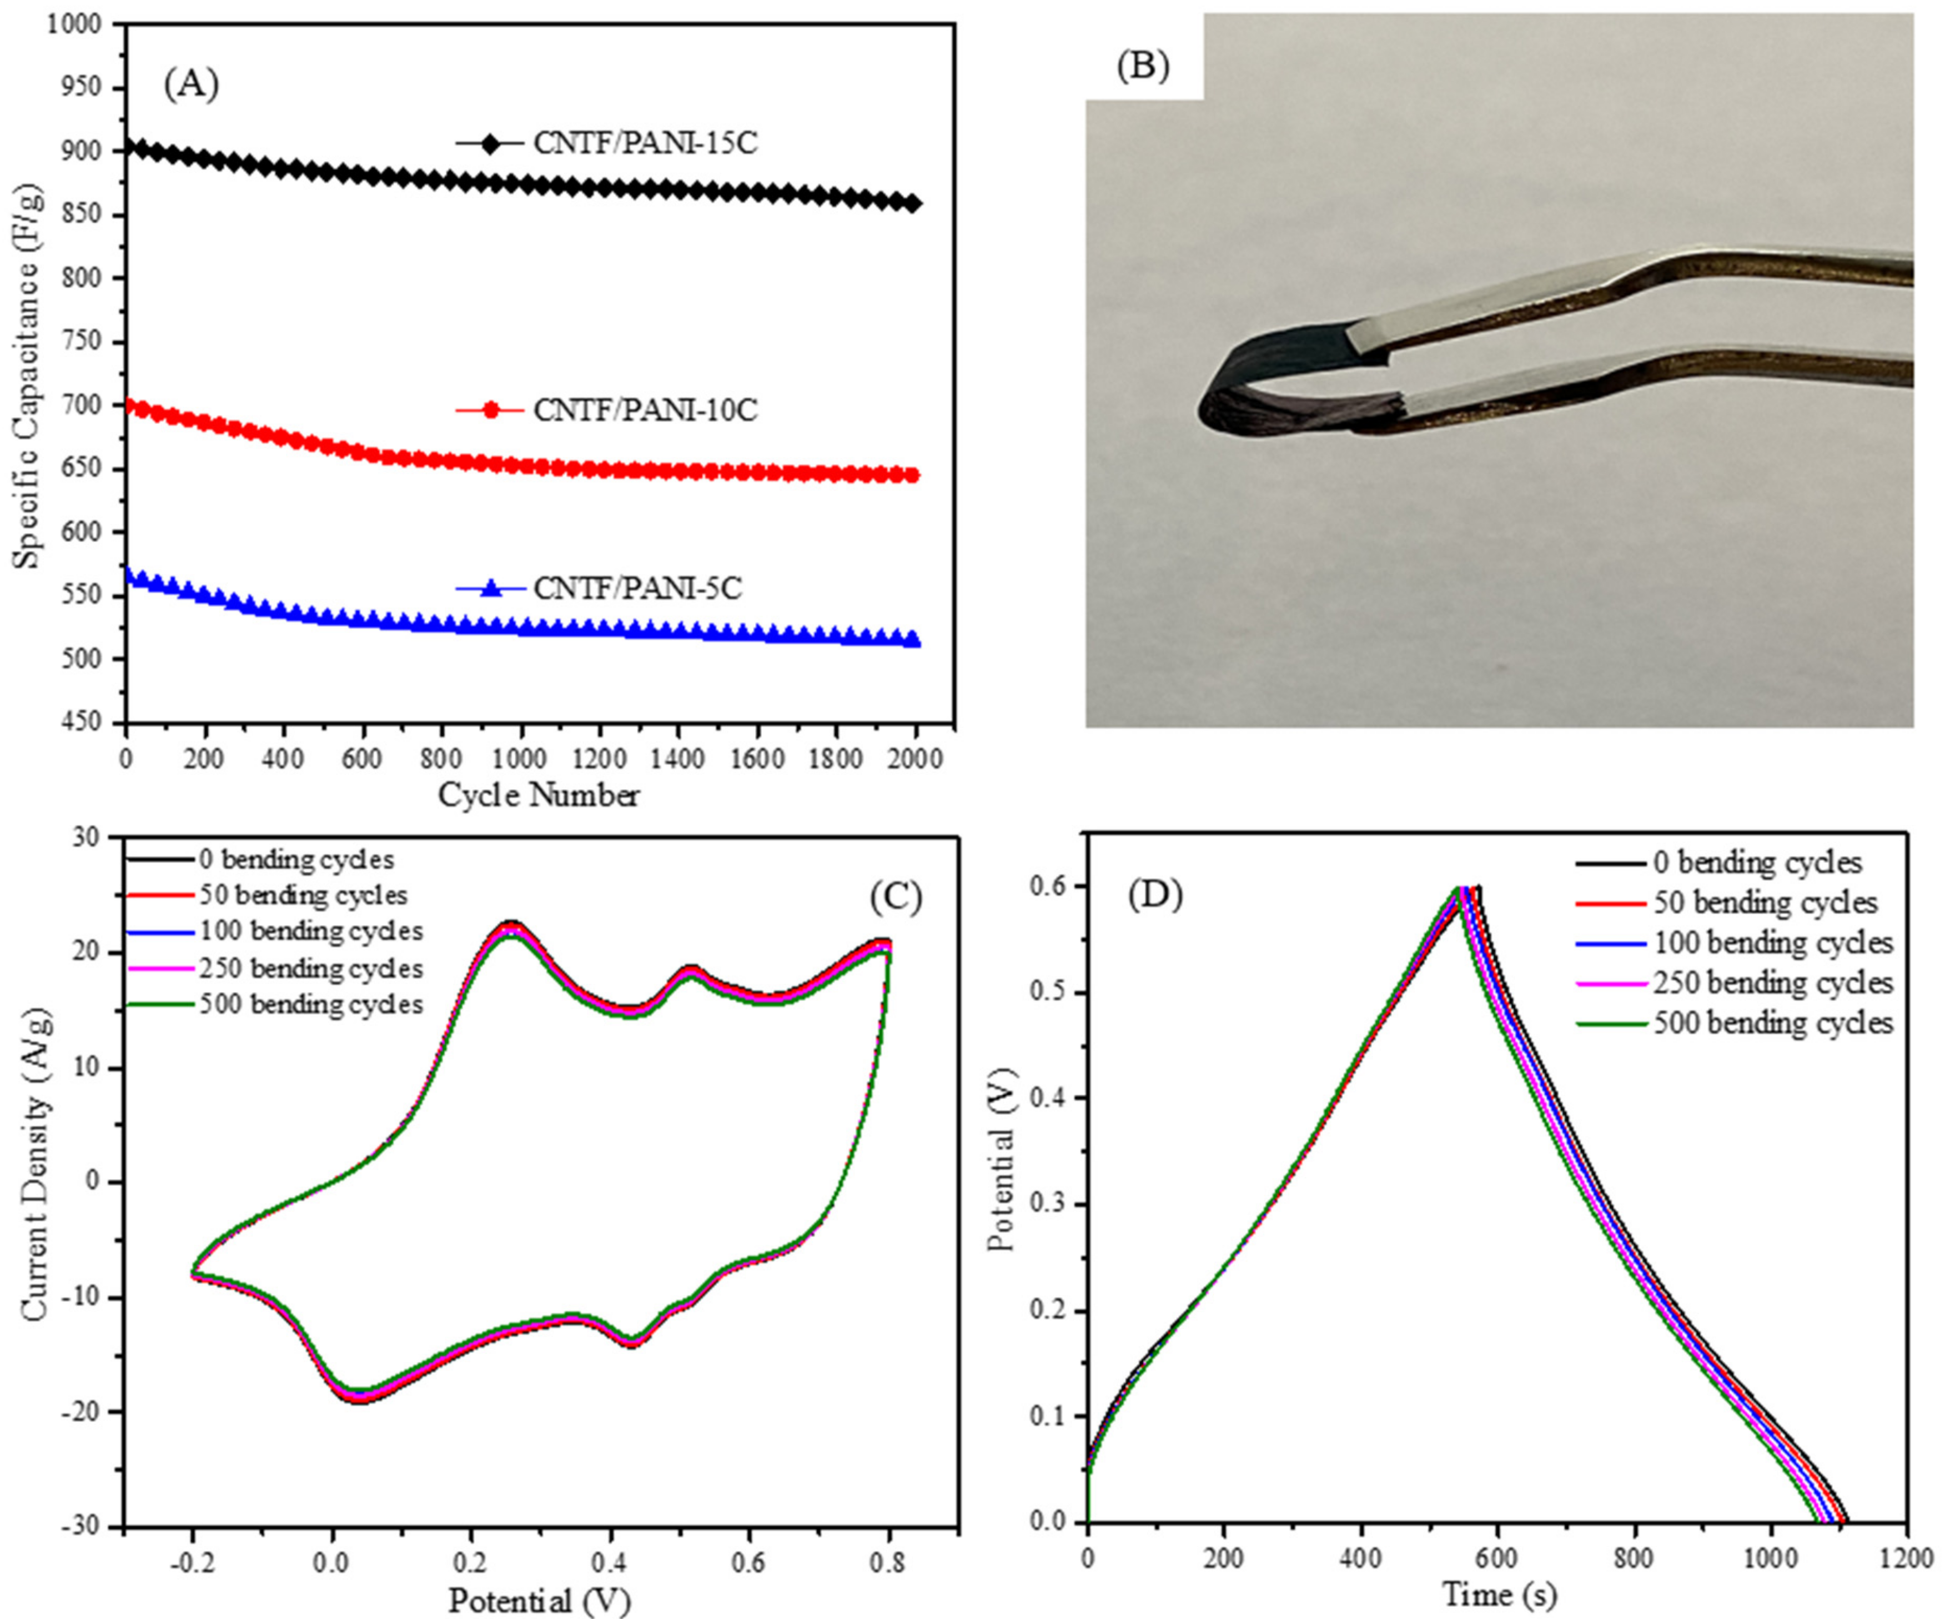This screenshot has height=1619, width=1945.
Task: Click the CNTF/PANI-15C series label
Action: point(645,143)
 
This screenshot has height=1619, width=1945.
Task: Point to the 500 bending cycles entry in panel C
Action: point(310,1005)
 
